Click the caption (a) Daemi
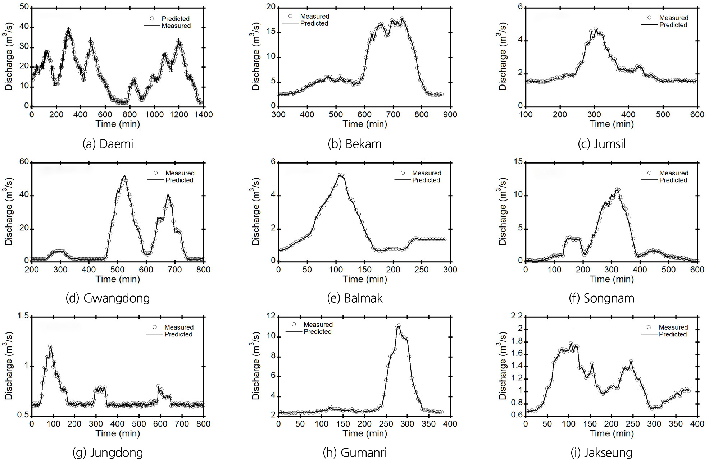point(108,144)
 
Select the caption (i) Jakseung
point(601,453)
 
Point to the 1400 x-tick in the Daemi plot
point(204,115)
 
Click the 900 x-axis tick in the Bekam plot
point(450,115)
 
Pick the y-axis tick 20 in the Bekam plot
point(271,7)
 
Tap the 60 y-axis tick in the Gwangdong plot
point(24,162)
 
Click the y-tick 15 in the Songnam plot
point(518,162)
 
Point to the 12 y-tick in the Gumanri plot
point(271,316)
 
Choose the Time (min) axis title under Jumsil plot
point(612,124)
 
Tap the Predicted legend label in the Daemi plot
point(176,19)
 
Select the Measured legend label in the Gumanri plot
point(318,325)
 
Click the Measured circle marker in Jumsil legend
point(649,18)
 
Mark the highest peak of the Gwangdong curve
point(124,176)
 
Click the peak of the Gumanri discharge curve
point(398,326)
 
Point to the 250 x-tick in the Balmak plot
point(421,270)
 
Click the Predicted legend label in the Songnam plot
point(673,180)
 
